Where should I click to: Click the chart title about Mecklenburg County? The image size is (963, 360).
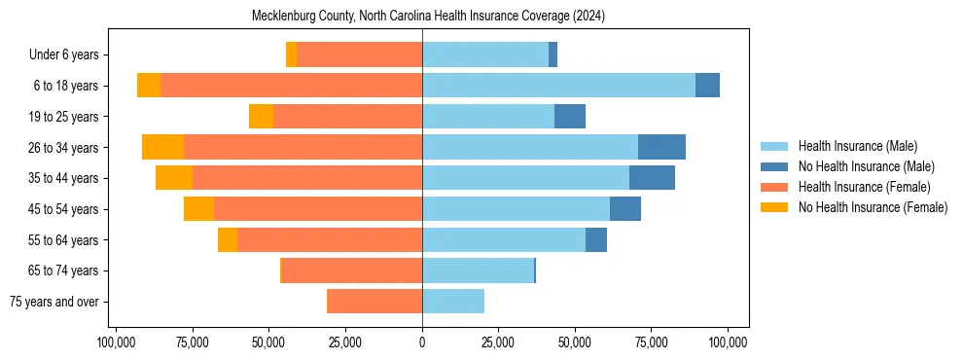[428, 17]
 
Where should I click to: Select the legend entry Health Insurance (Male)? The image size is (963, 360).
[855, 146]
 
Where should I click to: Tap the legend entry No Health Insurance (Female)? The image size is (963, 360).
[872, 207]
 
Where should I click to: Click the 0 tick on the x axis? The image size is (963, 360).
[422, 342]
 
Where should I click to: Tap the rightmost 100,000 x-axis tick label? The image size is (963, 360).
[728, 342]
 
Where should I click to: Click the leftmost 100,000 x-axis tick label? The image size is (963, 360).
[117, 342]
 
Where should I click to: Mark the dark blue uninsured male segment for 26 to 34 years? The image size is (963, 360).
[661, 147]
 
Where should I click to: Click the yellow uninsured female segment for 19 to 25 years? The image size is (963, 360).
[261, 117]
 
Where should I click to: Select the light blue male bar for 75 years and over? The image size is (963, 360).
[453, 302]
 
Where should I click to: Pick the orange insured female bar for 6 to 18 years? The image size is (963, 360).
[291, 86]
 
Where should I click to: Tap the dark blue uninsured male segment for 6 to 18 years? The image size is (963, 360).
[707, 86]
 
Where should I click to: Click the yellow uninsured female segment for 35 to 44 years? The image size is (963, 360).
[174, 178]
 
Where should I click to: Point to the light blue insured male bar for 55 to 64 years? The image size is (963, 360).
[504, 239]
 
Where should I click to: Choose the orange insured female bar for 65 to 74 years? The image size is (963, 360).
[351, 270]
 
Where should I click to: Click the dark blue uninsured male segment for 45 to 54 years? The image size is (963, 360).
[625, 209]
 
